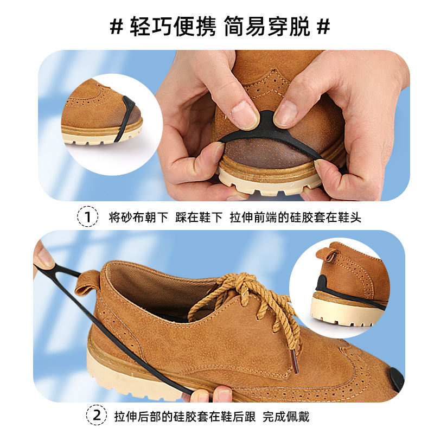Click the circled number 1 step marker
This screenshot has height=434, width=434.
[87, 216]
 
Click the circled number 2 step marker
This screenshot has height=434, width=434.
[97, 415]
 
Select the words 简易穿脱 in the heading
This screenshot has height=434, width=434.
[267, 27]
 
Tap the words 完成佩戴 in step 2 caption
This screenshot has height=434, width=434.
[286, 416]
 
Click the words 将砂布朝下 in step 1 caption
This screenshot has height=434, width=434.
[138, 218]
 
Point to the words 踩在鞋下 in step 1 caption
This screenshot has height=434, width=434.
[199, 218]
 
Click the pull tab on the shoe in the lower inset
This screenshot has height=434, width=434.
[328, 254]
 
